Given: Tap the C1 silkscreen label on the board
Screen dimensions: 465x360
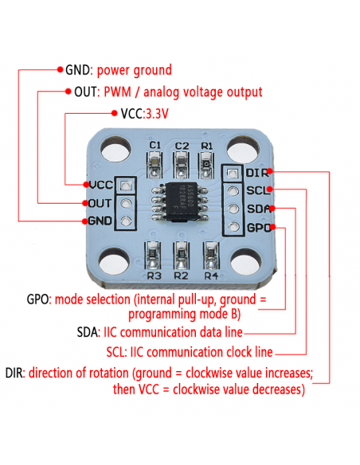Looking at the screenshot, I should (156, 145).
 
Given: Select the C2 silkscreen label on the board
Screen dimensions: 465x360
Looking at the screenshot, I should (182, 145).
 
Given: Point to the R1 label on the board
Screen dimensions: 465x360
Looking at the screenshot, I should (207, 145).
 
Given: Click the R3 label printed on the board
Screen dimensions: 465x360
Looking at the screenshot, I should (155, 275).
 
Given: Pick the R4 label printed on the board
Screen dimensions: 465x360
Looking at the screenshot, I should (210, 275).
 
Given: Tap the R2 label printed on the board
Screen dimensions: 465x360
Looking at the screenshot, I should (181, 275).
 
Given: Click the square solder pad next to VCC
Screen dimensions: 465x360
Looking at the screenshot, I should (124, 186).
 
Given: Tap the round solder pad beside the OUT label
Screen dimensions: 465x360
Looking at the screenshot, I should (124, 203).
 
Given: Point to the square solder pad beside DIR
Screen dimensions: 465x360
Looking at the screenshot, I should (233, 174).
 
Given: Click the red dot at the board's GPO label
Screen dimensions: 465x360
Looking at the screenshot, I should (277, 228).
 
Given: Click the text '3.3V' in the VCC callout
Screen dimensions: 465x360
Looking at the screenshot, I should (158, 114).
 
